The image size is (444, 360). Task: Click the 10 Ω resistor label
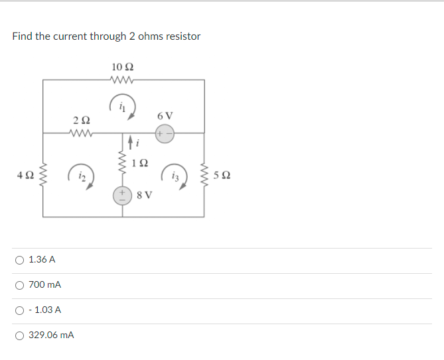pyautogui.click(x=124, y=67)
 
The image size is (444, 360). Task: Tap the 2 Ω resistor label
pyautogui.click(x=81, y=120)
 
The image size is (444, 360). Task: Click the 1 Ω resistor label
pyautogui.click(x=140, y=163)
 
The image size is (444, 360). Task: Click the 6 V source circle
pyautogui.click(x=165, y=133)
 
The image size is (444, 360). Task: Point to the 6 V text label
pyautogui.click(x=165, y=115)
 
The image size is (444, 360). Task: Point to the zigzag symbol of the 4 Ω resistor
pyautogui.click(x=44, y=176)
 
